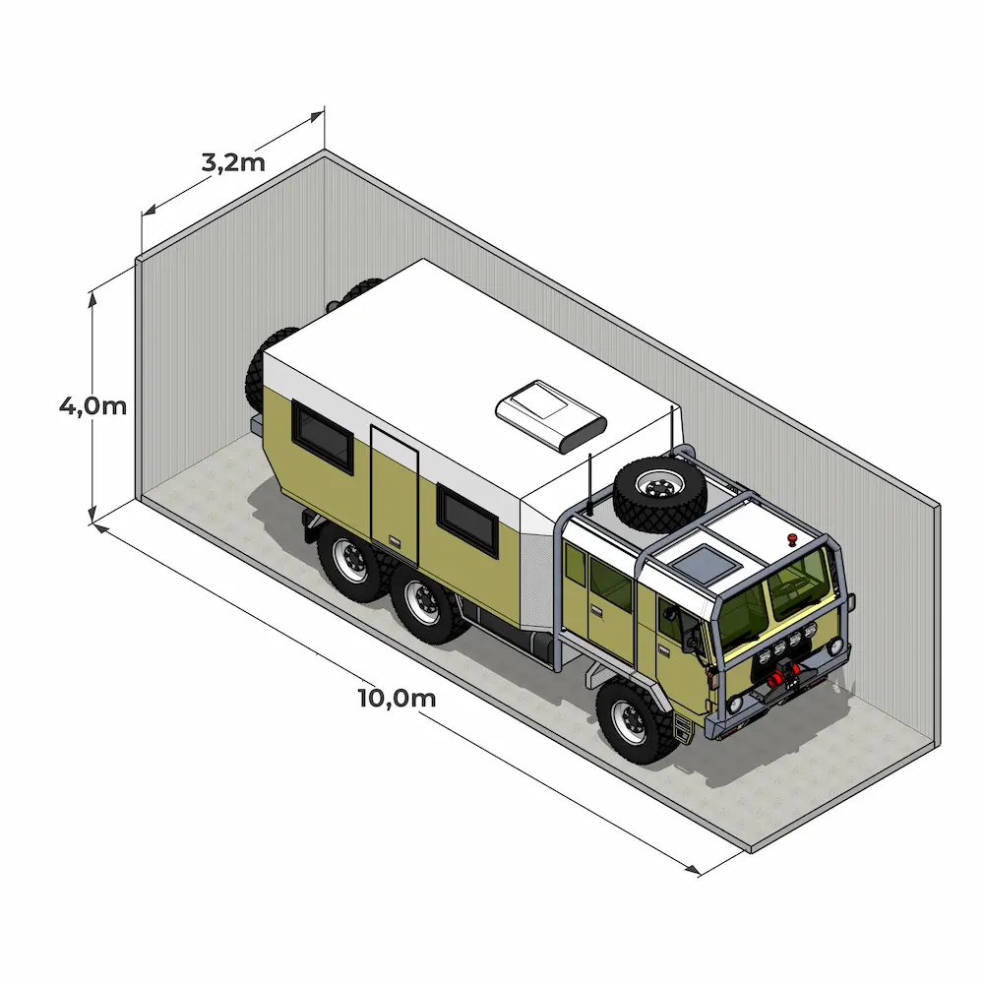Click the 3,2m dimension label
click(233, 163)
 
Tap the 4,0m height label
click(92, 404)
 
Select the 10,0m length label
click(397, 699)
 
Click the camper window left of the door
click(322, 434)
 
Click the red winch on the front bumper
click(781, 676)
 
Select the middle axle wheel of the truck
click(426, 605)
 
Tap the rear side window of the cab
click(610, 590)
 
